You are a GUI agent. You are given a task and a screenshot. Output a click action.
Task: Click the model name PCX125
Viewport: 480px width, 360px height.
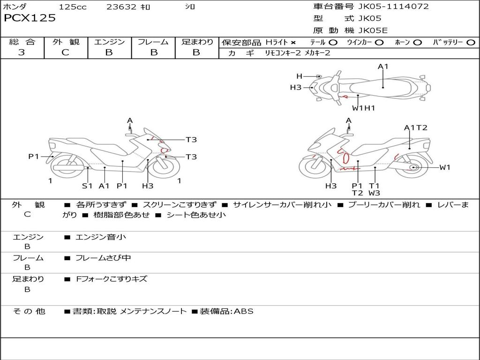pos(30,18)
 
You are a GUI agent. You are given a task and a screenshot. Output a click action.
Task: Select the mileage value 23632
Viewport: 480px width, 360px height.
pos(121,7)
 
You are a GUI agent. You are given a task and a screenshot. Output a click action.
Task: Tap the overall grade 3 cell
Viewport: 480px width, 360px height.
pos(22,52)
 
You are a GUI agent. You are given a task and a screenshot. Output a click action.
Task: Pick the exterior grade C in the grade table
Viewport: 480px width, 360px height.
pos(65,52)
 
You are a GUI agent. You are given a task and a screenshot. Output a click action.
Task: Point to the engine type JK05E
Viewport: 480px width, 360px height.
pos(373,31)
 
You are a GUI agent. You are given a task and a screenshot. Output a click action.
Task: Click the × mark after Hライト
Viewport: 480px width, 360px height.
pos(293,43)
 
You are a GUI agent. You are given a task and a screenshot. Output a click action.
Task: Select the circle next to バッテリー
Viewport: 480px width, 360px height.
pos(471,43)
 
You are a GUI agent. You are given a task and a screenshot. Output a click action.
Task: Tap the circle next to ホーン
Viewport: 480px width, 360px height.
pos(417,43)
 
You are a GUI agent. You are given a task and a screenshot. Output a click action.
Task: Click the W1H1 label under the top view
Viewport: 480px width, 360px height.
pos(364,108)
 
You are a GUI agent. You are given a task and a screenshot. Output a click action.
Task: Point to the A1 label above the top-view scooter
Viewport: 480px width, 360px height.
pos(383,67)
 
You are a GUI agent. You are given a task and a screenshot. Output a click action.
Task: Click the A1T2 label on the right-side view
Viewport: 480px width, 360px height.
pos(416,127)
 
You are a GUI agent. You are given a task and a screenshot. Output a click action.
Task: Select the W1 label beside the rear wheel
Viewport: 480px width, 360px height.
pos(445,167)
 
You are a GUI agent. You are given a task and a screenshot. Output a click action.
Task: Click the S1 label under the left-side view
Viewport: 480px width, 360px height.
pos(87,186)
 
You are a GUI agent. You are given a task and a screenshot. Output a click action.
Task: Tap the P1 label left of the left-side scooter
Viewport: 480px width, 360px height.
pos(33,157)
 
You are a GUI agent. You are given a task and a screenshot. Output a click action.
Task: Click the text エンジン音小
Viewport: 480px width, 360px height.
pos(101,237)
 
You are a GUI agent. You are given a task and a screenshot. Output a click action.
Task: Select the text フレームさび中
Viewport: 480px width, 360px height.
pos(103,258)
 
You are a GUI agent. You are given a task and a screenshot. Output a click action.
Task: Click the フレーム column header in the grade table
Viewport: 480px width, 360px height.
pos(153,42)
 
